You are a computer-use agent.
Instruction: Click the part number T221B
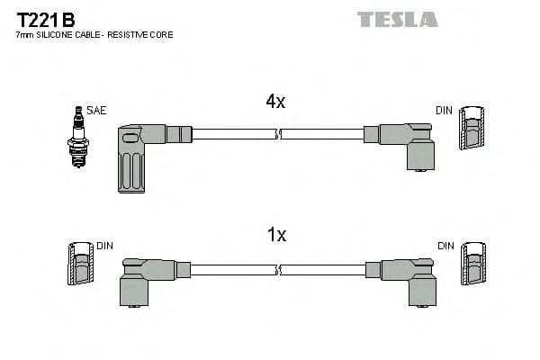[x=46, y=18]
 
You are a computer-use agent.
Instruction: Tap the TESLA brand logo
[x=397, y=19]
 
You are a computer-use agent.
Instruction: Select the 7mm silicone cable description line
[x=94, y=35]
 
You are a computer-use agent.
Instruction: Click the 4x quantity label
[x=275, y=103]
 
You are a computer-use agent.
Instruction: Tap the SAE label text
[x=97, y=111]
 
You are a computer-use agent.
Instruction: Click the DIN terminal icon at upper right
[x=471, y=130]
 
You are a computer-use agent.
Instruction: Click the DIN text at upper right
[x=444, y=111]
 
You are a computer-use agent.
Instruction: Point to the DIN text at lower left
[x=105, y=245]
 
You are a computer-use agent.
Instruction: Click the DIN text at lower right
[x=446, y=245]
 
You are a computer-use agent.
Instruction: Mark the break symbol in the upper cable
[x=279, y=134]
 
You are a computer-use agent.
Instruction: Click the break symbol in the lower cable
[x=279, y=269]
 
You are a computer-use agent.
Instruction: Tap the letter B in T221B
[x=68, y=18]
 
